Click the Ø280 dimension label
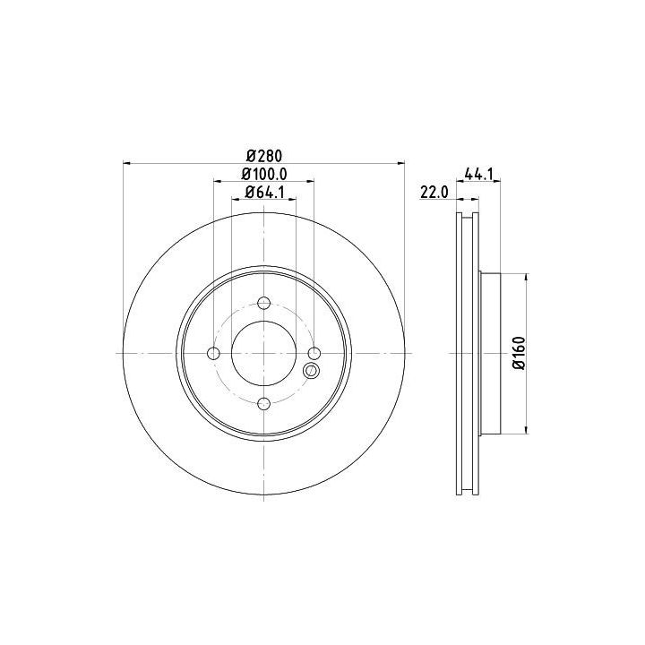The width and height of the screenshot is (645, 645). point(264,156)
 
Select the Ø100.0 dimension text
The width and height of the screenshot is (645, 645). point(264,175)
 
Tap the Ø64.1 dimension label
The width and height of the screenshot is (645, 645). point(264,193)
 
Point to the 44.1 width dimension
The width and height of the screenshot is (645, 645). point(478,174)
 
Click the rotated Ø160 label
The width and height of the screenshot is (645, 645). point(520,353)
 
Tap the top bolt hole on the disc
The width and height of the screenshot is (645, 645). point(263,303)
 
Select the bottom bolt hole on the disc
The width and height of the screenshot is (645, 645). point(263,403)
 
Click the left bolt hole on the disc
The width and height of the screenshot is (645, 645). point(213,353)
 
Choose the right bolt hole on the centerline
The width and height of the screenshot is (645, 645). point(314,353)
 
